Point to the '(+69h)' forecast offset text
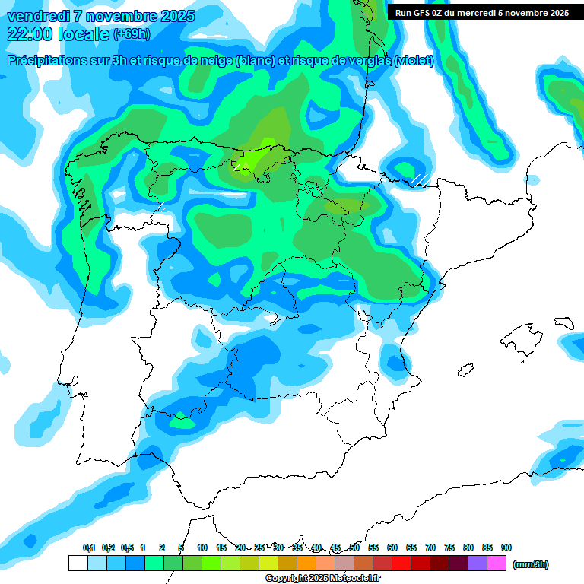tap(132, 34)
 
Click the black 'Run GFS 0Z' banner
tap(481, 12)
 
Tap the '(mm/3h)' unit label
tap(531, 564)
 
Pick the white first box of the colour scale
tap(78, 563)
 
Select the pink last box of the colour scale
tap(497, 563)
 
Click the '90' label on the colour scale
tap(506, 547)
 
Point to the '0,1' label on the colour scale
tap(89, 547)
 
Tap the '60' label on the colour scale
tap(392, 547)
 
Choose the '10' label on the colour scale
tap(202, 547)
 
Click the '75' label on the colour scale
tap(449, 547)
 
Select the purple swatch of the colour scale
tap(478, 563)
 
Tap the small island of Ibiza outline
tap(465, 370)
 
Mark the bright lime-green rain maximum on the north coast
tap(263, 152)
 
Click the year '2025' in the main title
tap(173, 16)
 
